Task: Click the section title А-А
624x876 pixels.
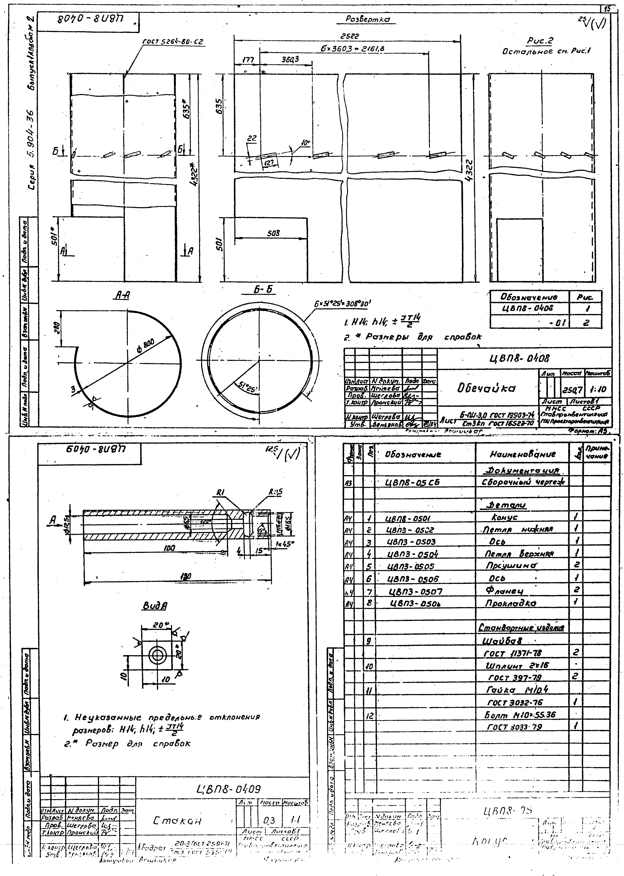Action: point(122,295)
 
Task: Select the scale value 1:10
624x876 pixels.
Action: point(598,390)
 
